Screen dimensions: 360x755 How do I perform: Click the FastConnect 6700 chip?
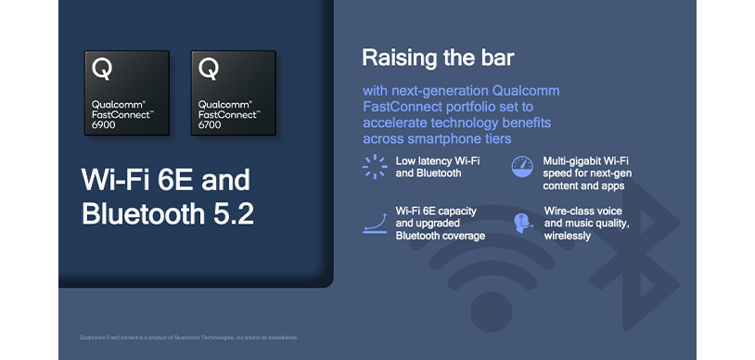tap(233, 93)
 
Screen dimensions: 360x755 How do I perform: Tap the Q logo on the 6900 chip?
tap(102, 69)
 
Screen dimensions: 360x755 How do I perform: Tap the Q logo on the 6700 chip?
tap(209, 69)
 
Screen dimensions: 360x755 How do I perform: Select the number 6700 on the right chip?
tap(211, 123)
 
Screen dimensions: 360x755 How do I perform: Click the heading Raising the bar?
tap(438, 58)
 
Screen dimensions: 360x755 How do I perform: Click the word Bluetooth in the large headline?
tap(138, 213)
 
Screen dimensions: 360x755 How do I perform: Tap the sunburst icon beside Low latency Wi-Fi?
tap(374, 167)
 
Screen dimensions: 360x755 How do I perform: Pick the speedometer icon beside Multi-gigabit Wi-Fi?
tap(522, 167)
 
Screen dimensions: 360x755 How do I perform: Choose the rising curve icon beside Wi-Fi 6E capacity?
tap(374, 223)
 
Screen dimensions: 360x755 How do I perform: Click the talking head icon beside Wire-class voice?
tap(522, 223)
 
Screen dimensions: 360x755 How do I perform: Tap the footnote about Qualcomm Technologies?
tap(189, 337)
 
